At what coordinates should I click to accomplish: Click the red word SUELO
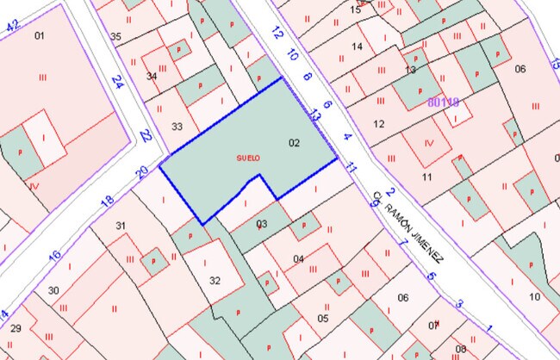(247, 158)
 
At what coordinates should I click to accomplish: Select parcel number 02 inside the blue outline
(294, 142)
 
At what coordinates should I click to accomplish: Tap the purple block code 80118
(444, 102)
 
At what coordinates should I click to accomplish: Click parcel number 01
(39, 35)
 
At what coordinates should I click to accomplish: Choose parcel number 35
(115, 36)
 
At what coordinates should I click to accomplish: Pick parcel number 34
(152, 77)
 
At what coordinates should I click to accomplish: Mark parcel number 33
(177, 127)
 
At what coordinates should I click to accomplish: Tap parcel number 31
(121, 227)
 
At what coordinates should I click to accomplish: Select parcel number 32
(215, 280)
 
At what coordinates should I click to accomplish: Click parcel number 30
(53, 290)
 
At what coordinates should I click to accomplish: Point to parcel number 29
(16, 329)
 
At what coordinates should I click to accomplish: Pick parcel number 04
(298, 258)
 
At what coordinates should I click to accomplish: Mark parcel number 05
(323, 318)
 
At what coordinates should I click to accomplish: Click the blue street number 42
(12, 26)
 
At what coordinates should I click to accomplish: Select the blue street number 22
(146, 136)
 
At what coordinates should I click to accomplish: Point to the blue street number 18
(107, 202)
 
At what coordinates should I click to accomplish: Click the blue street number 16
(54, 256)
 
